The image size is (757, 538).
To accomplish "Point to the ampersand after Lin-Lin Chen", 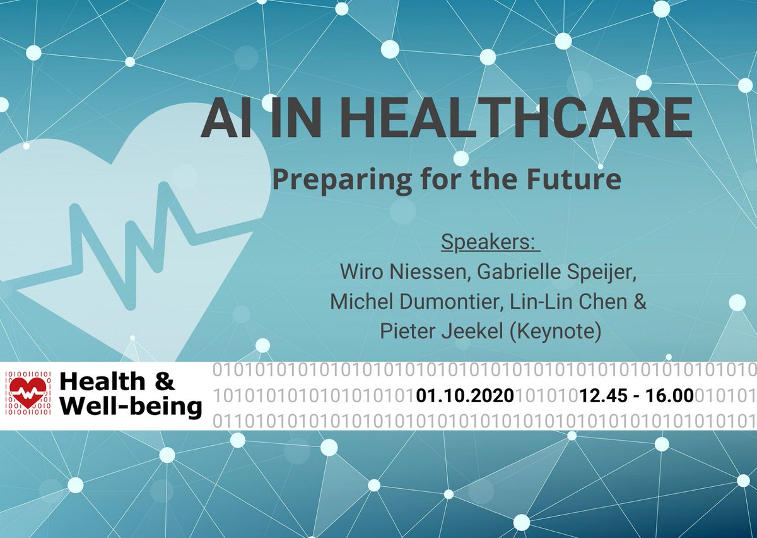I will coord(640,302).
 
